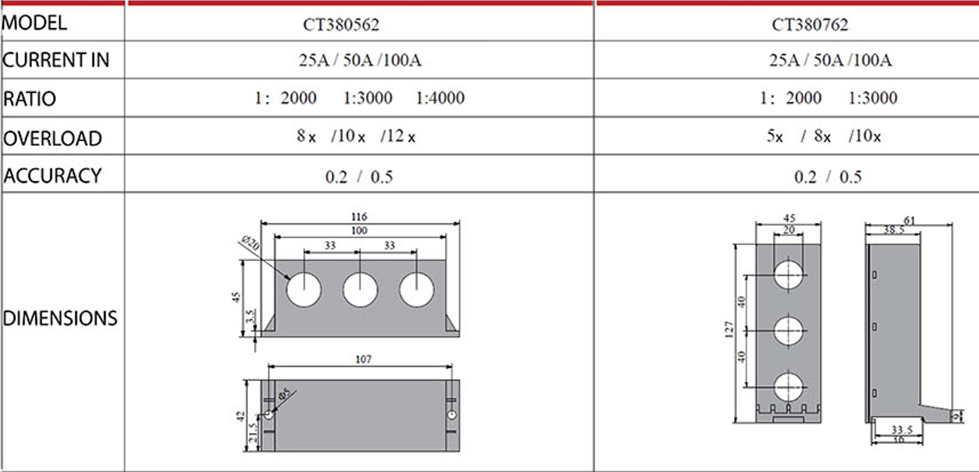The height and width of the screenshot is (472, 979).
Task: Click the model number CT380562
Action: click(x=341, y=25)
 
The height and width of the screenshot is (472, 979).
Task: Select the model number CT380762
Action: click(x=810, y=25)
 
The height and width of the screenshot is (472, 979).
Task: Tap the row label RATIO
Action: click(x=30, y=99)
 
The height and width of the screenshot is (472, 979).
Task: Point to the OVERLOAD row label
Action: click(x=53, y=139)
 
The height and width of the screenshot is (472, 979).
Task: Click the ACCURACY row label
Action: click(x=53, y=176)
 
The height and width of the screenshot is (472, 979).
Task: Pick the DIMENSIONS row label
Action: click(x=60, y=318)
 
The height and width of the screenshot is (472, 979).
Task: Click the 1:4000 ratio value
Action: click(x=440, y=98)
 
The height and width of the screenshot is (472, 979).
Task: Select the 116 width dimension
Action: click(x=359, y=217)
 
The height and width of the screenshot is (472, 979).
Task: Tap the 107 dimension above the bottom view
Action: click(x=363, y=360)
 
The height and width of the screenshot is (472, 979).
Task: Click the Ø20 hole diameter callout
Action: click(x=250, y=243)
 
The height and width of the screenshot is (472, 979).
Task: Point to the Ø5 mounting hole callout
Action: click(x=285, y=394)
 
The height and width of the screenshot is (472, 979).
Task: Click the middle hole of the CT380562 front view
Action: click(x=360, y=290)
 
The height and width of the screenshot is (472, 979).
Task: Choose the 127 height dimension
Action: click(x=729, y=329)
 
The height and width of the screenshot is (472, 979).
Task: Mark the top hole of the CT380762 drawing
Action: click(x=788, y=274)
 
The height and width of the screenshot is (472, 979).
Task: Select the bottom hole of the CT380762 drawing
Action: click(x=788, y=387)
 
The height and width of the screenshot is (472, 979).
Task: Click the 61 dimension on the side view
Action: click(x=909, y=220)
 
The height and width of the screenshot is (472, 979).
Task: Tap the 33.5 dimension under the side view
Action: click(x=902, y=429)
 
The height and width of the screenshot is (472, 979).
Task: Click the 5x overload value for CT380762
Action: click(x=775, y=136)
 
